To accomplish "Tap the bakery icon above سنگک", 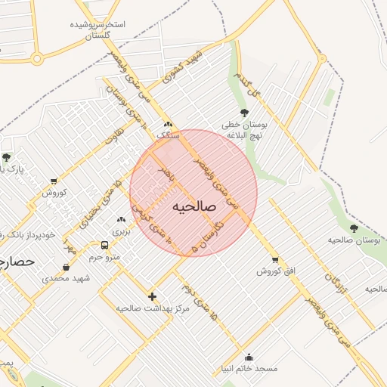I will coord(168,125).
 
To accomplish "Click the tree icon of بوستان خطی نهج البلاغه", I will coord(243,113).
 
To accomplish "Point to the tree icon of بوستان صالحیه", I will coord(354,228).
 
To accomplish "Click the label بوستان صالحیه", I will coord(351,240).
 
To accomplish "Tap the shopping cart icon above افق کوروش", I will coord(274,259).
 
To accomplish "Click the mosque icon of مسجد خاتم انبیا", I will coord(249,358).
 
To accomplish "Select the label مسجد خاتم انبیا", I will coord(255,368).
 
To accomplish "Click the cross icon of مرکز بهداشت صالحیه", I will coord(153,296).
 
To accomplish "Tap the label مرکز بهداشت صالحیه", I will coord(144,308).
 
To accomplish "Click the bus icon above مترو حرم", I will coord(104,246).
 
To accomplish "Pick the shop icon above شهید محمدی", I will coord(67,267).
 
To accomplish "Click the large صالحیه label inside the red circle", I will coord(194,206).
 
